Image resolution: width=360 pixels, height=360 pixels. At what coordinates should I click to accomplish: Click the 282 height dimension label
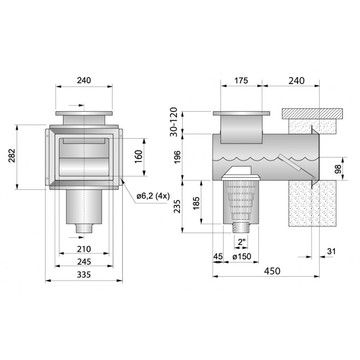coord(12,156)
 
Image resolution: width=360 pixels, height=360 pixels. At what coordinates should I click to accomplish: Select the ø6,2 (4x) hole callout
coord(153,196)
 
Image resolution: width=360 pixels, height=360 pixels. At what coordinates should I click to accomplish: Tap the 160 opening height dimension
coord(139,157)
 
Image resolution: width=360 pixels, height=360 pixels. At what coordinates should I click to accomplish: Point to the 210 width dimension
coord(84,249)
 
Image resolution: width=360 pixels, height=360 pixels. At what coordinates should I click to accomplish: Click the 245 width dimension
coord(84,261)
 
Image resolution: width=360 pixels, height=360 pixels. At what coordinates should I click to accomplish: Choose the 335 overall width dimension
coord(84,274)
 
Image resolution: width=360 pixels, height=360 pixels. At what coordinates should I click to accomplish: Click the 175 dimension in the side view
coord(241,81)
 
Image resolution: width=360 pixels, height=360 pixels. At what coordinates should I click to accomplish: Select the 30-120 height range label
coord(174,122)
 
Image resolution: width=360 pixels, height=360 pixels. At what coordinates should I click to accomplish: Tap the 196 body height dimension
coord(177,157)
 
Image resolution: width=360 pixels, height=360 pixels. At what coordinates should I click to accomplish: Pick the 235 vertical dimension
coord(177,207)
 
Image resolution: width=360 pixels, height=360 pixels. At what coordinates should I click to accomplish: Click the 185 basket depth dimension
coord(196,203)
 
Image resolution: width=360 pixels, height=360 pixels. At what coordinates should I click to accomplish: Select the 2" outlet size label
coord(242,242)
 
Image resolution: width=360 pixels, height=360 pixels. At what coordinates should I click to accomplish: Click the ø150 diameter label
coord(242,256)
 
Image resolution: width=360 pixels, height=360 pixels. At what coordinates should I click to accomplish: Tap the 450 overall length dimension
coord(272,271)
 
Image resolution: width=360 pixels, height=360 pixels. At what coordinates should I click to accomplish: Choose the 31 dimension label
coord(331,252)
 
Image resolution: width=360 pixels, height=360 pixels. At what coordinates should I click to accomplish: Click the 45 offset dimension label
coord(218,256)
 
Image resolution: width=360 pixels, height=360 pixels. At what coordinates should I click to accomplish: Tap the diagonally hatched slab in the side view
coord(312,114)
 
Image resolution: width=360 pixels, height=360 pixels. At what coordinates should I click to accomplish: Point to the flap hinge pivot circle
coord(313,179)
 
